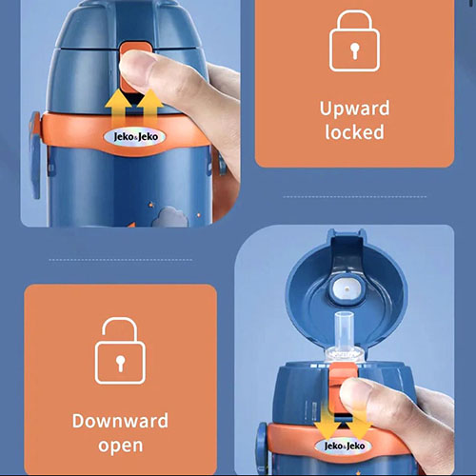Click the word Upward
(354, 109)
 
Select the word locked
(354, 132)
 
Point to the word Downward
(120, 421)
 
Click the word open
(121, 446)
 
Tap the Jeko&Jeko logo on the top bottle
(135, 137)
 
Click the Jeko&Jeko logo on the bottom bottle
(344, 446)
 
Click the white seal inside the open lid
(347, 289)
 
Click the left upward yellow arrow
(118, 108)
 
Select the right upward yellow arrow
(149, 108)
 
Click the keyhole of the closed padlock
(355, 50)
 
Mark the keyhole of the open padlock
(120, 363)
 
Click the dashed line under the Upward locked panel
(355, 197)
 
